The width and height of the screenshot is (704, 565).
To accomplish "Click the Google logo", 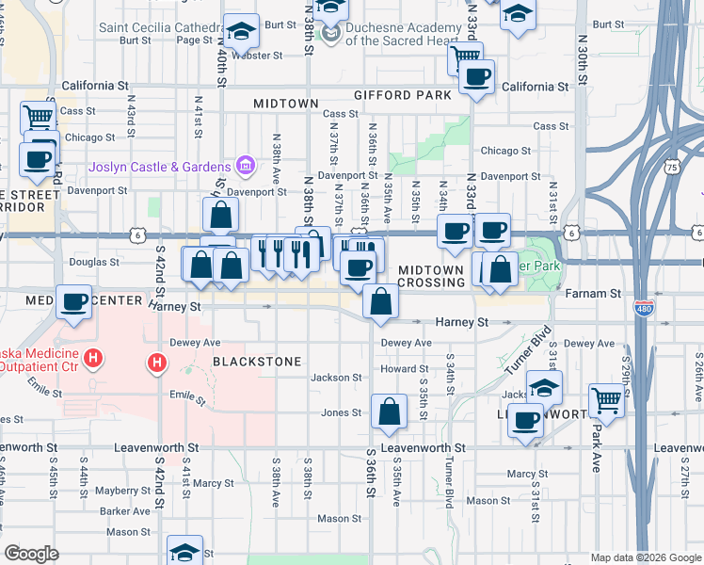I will pos(32,554).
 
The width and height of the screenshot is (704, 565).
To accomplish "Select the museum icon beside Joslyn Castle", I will pos(245,168).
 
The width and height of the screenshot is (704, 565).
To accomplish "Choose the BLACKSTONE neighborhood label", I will pos(256,362).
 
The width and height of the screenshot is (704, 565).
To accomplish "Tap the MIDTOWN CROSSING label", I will pos(431,276).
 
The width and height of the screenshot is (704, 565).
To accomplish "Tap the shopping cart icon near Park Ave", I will pos(606,400).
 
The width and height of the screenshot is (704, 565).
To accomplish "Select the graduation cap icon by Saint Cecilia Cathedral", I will pos(242,31).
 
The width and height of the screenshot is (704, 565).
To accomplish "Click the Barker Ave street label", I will pos(127,511).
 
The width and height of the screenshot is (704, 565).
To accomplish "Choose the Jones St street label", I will pos(342,412).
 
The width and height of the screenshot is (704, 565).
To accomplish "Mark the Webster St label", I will pos(257,56).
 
